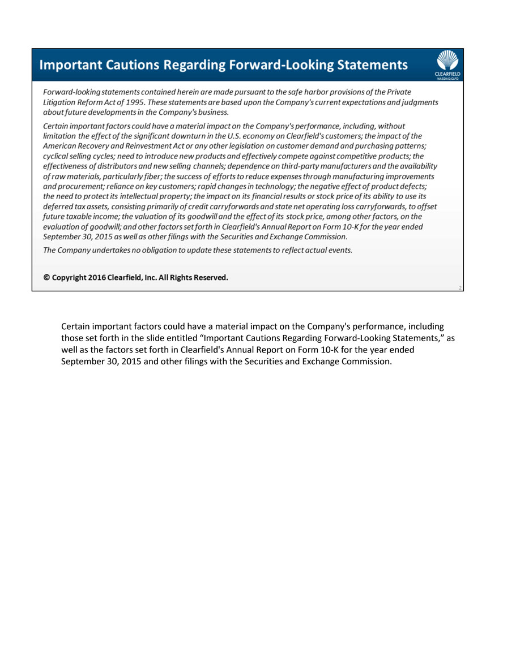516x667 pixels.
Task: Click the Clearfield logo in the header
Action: point(447,64)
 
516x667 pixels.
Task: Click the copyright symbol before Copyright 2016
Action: point(47,278)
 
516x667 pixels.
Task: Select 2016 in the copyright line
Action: point(97,278)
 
